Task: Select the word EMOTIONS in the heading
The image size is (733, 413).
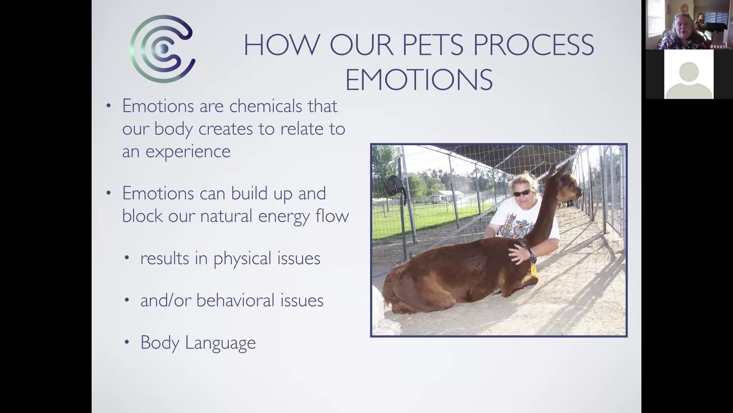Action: (x=419, y=80)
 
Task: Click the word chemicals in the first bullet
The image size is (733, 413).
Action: (x=265, y=106)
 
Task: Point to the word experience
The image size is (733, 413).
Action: (x=188, y=151)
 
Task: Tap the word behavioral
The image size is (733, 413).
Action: (x=235, y=300)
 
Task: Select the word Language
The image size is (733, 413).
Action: (x=220, y=343)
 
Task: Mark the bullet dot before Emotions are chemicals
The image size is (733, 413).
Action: (x=108, y=106)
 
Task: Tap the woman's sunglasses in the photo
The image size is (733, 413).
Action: (x=522, y=193)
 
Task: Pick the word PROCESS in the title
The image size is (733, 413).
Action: (x=533, y=45)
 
